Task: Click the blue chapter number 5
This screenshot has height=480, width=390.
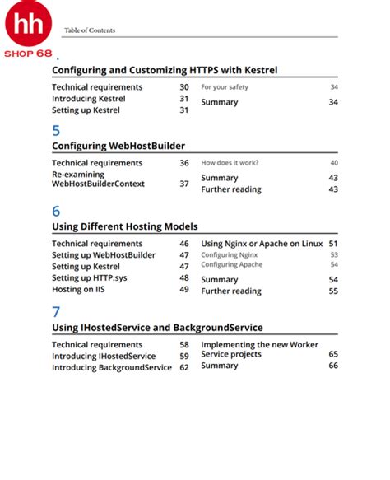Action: click(x=56, y=130)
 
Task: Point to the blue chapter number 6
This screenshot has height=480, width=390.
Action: click(x=56, y=210)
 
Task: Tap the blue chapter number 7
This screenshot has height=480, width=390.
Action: click(x=56, y=311)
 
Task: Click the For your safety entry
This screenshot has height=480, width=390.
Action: click(x=225, y=87)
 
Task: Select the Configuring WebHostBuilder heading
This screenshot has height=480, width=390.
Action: click(x=118, y=146)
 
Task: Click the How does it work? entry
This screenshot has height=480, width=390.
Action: click(x=230, y=163)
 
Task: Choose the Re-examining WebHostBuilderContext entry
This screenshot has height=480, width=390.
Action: click(x=98, y=179)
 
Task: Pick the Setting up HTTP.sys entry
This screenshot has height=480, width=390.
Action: click(x=91, y=278)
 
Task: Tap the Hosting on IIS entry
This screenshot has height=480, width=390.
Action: click(x=80, y=290)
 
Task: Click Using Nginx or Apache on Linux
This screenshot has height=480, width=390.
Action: click(x=262, y=244)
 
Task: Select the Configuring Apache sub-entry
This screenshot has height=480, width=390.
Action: click(x=231, y=265)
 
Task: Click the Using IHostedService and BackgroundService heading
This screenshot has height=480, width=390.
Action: click(x=157, y=328)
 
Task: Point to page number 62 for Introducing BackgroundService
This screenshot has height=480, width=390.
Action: click(x=184, y=367)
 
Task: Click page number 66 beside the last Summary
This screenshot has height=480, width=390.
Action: click(x=333, y=366)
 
